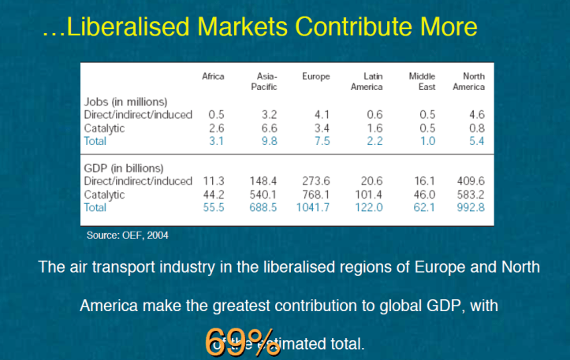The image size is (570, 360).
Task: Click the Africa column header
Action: click(213, 76)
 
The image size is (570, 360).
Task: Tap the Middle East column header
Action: click(422, 81)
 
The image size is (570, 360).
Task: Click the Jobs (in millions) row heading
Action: click(126, 102)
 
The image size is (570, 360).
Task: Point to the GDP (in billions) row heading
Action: click(124, 169)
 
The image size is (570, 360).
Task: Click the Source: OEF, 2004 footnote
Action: click(127, 235)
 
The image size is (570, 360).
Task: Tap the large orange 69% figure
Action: click(242, 340)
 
